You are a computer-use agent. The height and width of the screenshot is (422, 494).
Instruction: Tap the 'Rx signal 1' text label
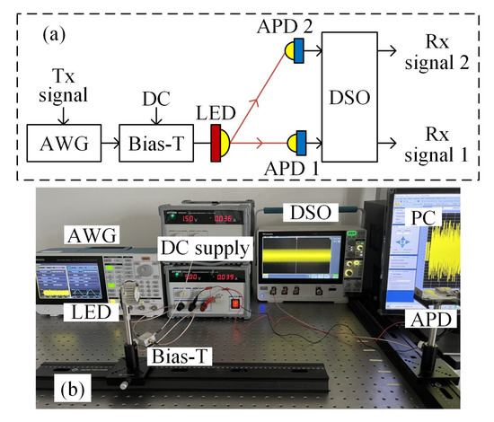pos(443,143)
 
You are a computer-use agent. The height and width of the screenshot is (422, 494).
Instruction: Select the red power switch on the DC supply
pos(237,302)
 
